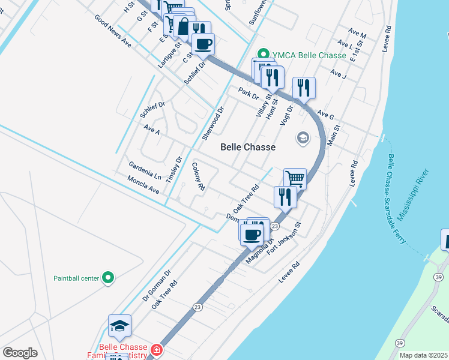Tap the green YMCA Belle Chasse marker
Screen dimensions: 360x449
tap(262, 55)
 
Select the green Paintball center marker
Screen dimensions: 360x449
tap(108, 277)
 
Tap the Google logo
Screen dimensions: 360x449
tap(20, 352)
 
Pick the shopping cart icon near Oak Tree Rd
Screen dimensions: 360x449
tap(295, 178)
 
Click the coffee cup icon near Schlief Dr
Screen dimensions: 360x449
tap(203, 43)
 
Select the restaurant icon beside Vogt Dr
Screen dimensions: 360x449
tap(304, 88)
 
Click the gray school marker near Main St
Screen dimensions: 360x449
tap(303, 139)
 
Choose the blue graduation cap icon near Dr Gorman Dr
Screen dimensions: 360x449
tap(119, 325)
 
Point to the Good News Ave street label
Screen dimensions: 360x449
tap(112, 31)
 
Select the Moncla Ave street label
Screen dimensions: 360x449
tap(143, 185)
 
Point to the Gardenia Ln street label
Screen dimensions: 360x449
tap(145, 170)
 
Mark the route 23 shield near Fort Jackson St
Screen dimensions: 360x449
tap(274, 226)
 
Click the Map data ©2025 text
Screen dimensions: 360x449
tap(423, 355)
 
